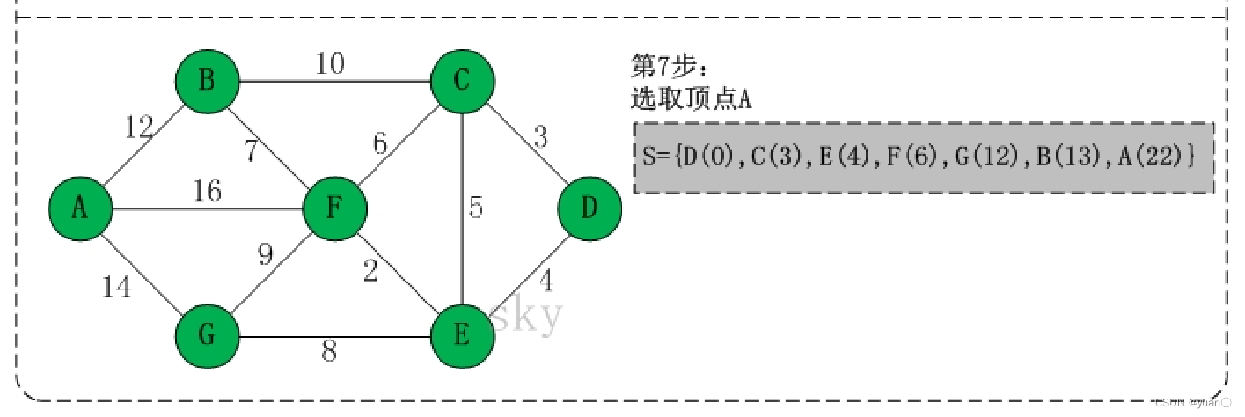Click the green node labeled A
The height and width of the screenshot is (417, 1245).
80,208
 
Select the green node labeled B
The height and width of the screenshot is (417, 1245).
208,83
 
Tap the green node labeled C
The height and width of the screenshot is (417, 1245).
462,83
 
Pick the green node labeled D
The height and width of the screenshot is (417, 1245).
590,208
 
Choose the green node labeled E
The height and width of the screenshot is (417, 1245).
462,335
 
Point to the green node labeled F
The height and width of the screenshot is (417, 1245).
334,209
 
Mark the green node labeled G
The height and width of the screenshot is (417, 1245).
208,335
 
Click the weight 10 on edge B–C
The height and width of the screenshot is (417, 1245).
330,63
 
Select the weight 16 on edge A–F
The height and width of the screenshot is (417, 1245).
207,190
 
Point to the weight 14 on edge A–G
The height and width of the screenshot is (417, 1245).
116,287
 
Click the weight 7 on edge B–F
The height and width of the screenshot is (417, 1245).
252,151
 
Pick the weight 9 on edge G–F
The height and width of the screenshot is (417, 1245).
266,254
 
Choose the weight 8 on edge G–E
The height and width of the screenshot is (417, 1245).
328,352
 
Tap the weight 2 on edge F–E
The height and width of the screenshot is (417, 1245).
370,273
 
